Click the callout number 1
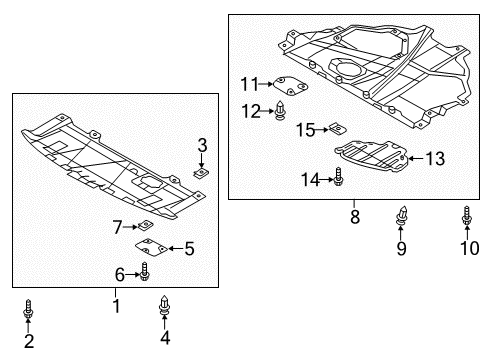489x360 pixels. click(x=116, y=306)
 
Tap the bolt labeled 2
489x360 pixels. click(x=28, y=308)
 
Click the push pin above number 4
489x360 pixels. click(x=164, y=305)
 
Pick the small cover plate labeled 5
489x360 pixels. click(x=151, y=248)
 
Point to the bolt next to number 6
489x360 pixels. click(x=144, y=271)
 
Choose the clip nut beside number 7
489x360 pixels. click(x=145, y=226)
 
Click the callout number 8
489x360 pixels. click(x=355, y=217)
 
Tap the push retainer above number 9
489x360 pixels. click(x=401, y=216)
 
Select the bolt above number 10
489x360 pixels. click(x=467, y=216)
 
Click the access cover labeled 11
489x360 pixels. click(x=290, y=85)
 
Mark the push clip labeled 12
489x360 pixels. click(x=280, y=110)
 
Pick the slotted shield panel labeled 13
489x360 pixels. click(x=372, y=156)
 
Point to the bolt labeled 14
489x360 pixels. click(x=338, y=176)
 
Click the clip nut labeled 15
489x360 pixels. click(x=337, y=128)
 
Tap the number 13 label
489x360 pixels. click(x=435, y=158)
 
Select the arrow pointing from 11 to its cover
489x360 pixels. click(x=266, y=84)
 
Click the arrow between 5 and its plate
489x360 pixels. click(x=176, y=248)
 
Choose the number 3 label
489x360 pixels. click(x=202, y=145)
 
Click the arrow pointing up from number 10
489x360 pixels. click(x=467, y=233)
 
